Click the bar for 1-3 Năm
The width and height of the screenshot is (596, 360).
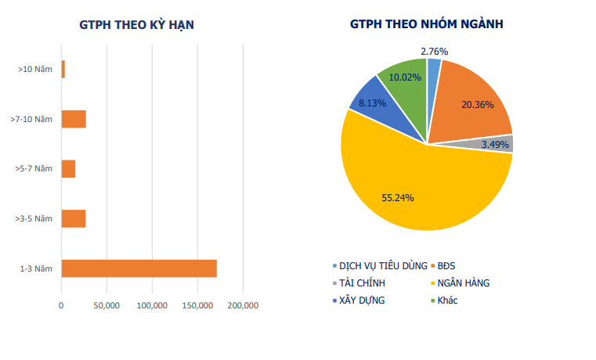(139, 268)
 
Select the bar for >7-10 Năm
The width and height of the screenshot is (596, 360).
(74, 119)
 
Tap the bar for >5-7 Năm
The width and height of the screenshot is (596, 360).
(68, 168)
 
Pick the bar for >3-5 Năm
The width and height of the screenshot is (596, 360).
(74, 218)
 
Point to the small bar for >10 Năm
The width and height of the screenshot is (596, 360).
(63, 69)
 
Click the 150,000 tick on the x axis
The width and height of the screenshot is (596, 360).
(197, 304)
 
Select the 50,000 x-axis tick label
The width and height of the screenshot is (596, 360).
(107, 304)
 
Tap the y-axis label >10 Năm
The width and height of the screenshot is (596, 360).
(34, 70)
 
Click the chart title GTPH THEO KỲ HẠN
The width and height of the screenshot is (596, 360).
(137, 24)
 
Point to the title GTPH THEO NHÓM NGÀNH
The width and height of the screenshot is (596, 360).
(427, 24)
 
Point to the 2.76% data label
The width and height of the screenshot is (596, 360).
(434, 52)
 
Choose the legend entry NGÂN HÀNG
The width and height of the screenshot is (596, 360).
(462, 283)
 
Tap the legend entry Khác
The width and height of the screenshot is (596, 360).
(446, 300)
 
